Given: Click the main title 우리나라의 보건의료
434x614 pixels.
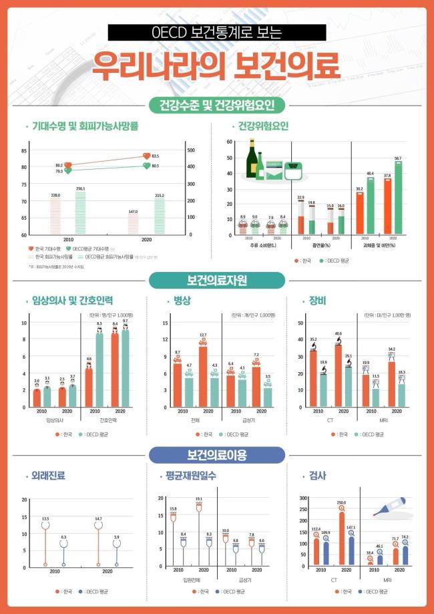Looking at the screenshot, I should click(x=216, y=65).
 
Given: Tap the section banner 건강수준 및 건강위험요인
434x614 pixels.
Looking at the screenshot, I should click(x=216, y=105).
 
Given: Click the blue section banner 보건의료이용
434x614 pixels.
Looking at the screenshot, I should click(x=216, y=456).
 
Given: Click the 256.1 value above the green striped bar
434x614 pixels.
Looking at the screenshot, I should click(x=81, y=188).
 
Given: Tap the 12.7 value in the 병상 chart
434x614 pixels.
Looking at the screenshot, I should click(x=203, y=335).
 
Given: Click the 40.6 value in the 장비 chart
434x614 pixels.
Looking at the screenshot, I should click(x=339, y=333).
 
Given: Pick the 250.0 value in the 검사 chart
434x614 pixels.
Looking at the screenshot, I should click(x=341, y=502).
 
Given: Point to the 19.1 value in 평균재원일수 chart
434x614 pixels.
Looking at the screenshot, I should click(x=198, y=498).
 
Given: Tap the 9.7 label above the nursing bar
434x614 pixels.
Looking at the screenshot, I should click(x=125, y=321).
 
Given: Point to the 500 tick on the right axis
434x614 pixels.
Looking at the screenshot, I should click(x=190, y=150).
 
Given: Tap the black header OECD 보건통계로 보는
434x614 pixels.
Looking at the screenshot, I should click(x=216, y=31).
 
